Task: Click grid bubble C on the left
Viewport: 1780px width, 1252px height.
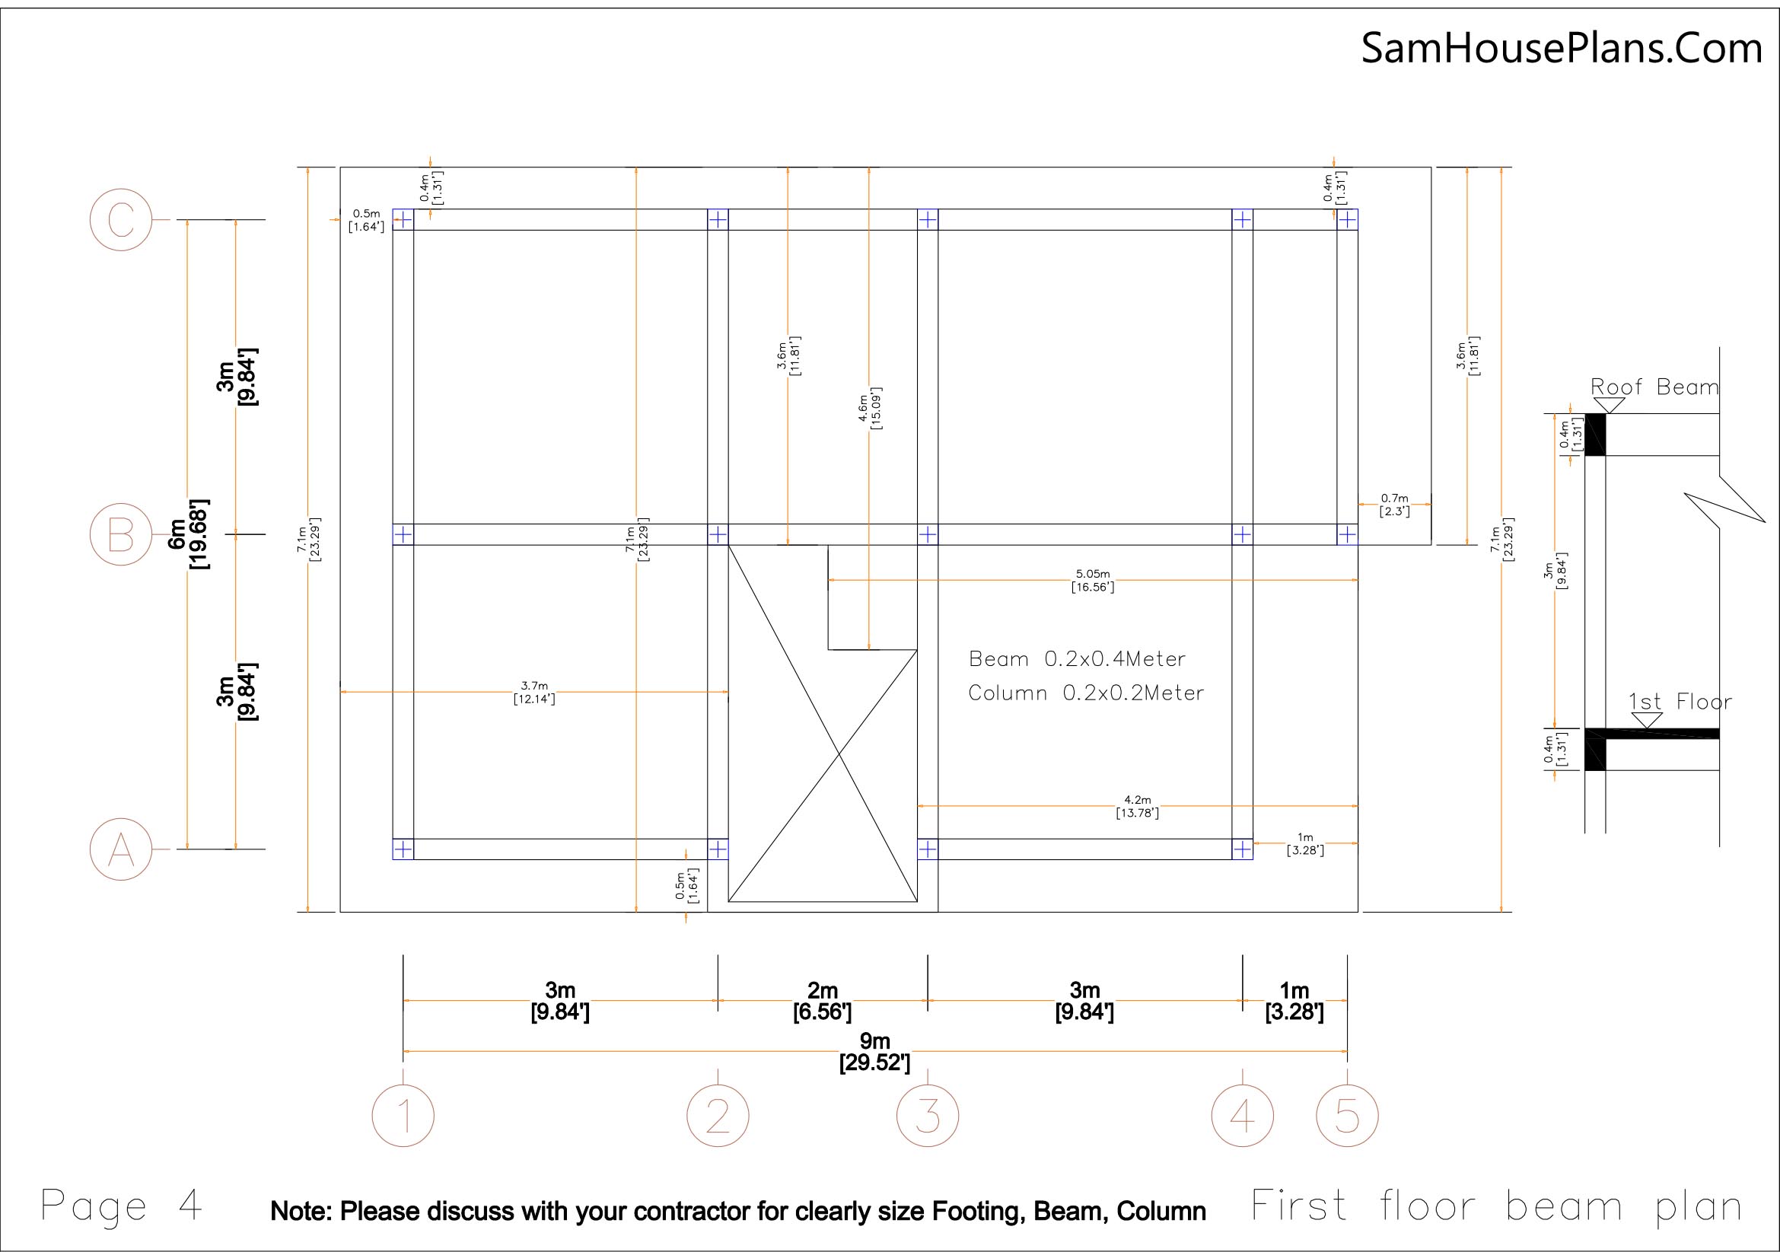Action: pos(121,219)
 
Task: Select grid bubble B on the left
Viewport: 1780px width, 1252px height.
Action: pos(121,534)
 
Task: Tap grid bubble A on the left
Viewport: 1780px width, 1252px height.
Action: pos(121,849)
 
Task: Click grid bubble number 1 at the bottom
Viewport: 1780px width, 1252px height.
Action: pos(403,1116)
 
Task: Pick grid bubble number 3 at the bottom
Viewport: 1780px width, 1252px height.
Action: pos(928,1116)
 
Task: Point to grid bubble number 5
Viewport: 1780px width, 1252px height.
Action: pos(1348,1116)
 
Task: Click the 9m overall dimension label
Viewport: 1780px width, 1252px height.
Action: pos(874,1051)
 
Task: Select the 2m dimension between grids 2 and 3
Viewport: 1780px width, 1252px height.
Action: pos(822,1001)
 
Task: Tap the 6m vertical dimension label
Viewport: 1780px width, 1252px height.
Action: pos(188,534)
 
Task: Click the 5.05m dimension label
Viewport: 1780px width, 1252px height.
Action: pos(1092,580)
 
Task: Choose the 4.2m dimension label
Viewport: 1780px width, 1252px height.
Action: pos(1137,806)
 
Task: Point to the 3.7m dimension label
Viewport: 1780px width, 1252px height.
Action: pos(534,692)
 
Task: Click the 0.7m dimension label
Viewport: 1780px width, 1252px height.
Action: pos(1395,505)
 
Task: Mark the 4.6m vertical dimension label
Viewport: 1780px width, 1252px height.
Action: pos(869,408)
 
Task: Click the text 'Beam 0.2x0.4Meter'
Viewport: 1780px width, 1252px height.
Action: pos(1077,659)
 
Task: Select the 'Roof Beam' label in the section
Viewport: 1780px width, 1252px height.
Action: pos(1654,387)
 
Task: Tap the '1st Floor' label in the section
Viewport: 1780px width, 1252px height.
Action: pos(1680,702)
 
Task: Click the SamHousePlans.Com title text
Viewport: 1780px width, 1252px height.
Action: pos(1562,48)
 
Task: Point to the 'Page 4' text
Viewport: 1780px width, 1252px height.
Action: pos(121,1206)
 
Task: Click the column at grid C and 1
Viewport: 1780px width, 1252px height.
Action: pos(403,219)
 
